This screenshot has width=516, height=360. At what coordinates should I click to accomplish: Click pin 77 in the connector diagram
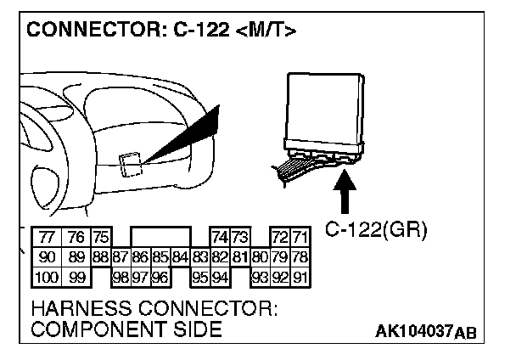(46, 238)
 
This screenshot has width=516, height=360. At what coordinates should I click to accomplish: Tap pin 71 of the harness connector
(300, 238)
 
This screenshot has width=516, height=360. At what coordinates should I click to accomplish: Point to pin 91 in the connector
(300, 276)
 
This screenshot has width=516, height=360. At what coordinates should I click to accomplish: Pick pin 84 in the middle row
(179, 256)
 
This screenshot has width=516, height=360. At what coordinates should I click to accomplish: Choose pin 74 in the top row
(220, 238)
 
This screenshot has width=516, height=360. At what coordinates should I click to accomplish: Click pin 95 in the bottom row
(199, 276)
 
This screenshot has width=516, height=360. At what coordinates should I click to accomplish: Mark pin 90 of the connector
(46, 256)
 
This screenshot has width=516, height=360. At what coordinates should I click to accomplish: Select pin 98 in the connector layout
(121, 276)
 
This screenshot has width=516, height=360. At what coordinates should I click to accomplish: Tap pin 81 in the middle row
(239, 256)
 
